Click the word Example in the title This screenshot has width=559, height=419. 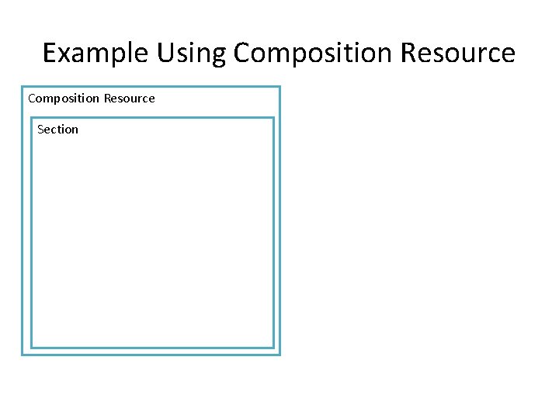(95, 53)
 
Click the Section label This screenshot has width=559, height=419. (57, 129)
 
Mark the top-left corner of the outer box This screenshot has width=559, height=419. (23, 87)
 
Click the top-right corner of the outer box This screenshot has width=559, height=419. (279, 87)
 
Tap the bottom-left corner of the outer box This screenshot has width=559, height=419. (23, 355)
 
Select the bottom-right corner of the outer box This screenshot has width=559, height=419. (279, 355)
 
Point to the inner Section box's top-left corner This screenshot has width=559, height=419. (31, 118)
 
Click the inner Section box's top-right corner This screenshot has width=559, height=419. (273, 118)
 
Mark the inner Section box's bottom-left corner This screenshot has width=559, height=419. (31, 347)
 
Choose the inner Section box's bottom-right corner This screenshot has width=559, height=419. (273, 347)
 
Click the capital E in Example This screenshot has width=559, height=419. (50, 53)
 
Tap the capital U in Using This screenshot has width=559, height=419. (165, 53)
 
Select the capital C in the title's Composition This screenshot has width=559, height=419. (241, 53)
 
